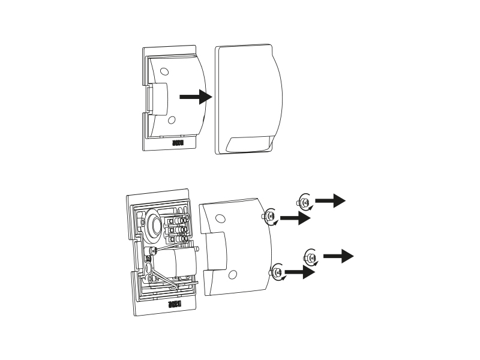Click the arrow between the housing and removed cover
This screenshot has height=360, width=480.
coord(195,97)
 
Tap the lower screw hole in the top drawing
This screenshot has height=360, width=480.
coord(172,120)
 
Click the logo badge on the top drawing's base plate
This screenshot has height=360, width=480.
coord(177,144)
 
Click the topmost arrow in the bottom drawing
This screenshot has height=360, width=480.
coord(330,201)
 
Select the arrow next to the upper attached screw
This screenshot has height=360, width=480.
coord(295,219)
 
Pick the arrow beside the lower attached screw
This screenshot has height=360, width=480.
coord(299,273)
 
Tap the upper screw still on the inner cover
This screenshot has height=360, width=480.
coord(269,217)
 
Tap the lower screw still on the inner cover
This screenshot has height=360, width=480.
coord(277,271)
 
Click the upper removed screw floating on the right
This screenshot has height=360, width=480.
coord(305,202)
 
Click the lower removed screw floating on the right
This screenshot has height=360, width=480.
coord(311,257)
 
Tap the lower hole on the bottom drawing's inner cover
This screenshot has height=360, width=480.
coord(232,274)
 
